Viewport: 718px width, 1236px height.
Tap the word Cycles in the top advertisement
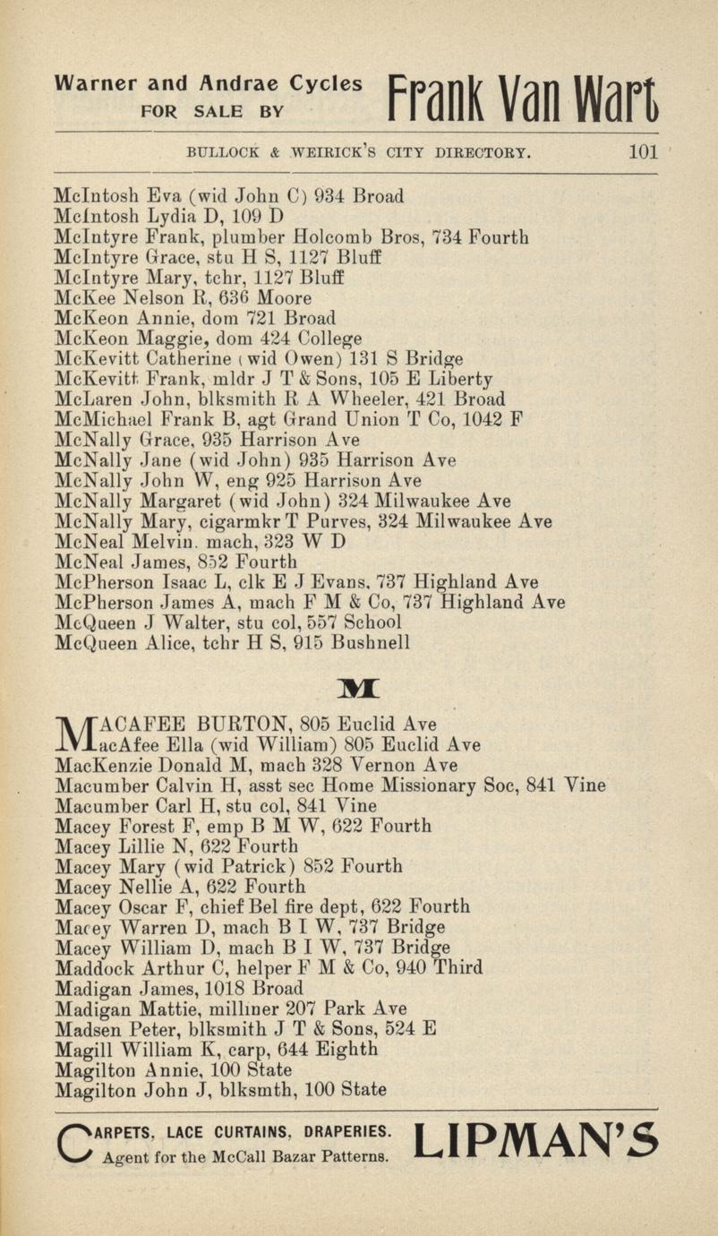325,85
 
